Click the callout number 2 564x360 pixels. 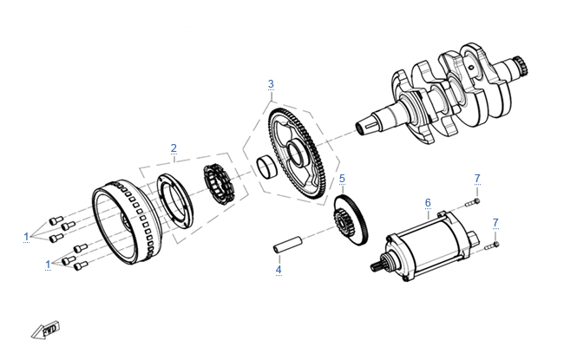tap(174, 147)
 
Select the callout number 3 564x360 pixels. tap(271, 84)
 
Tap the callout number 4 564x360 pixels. tap(279, 270)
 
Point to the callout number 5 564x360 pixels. tap(342, 180)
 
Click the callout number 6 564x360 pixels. tap(428, 203)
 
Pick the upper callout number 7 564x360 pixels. tap(476, 178)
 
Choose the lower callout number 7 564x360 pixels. tap(495, 223)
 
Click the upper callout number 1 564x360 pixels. tap(27, 235)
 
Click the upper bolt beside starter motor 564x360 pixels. tap(472, 202)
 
